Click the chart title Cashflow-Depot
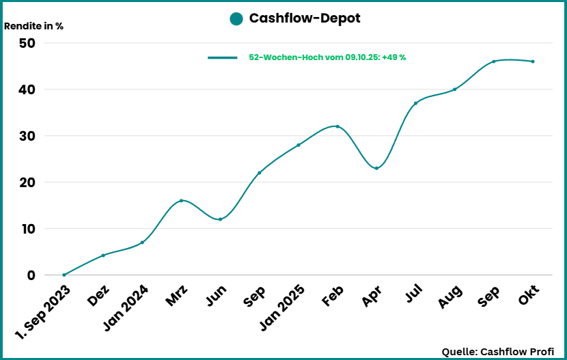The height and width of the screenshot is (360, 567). pyautogui.click(x=304, y=19)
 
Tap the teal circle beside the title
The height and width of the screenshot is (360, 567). pyautogui.click(x=236, y=19)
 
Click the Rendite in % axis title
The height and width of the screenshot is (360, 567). pyautogui.click(x=34, y=27)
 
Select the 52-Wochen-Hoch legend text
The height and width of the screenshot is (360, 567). pyautogui.click(x=327, y=57)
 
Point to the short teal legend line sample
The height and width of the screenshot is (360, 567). pyautogui.click(x=222, y=58)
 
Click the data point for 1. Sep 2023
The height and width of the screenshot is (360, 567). pyautogui.click(x=64, y=275)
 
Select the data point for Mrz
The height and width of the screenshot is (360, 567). pyautogui.click(x=181, y=200)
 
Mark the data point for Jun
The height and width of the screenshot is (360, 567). pyautogui.click(x=220, y=219)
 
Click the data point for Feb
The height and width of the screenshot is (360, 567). pyautogui.click(x=337, y=126)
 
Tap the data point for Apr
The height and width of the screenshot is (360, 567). pyautogui.click(x=376, y=168)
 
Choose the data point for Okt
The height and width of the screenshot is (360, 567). pyautogui.click(x=533, y=61)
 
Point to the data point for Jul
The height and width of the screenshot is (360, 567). pyautogui.click(x=415, y=103)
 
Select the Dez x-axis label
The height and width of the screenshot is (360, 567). pyautogui.click(x=98, y=294)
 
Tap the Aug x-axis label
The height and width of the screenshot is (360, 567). pyautogui.click(x=450, y=295)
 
